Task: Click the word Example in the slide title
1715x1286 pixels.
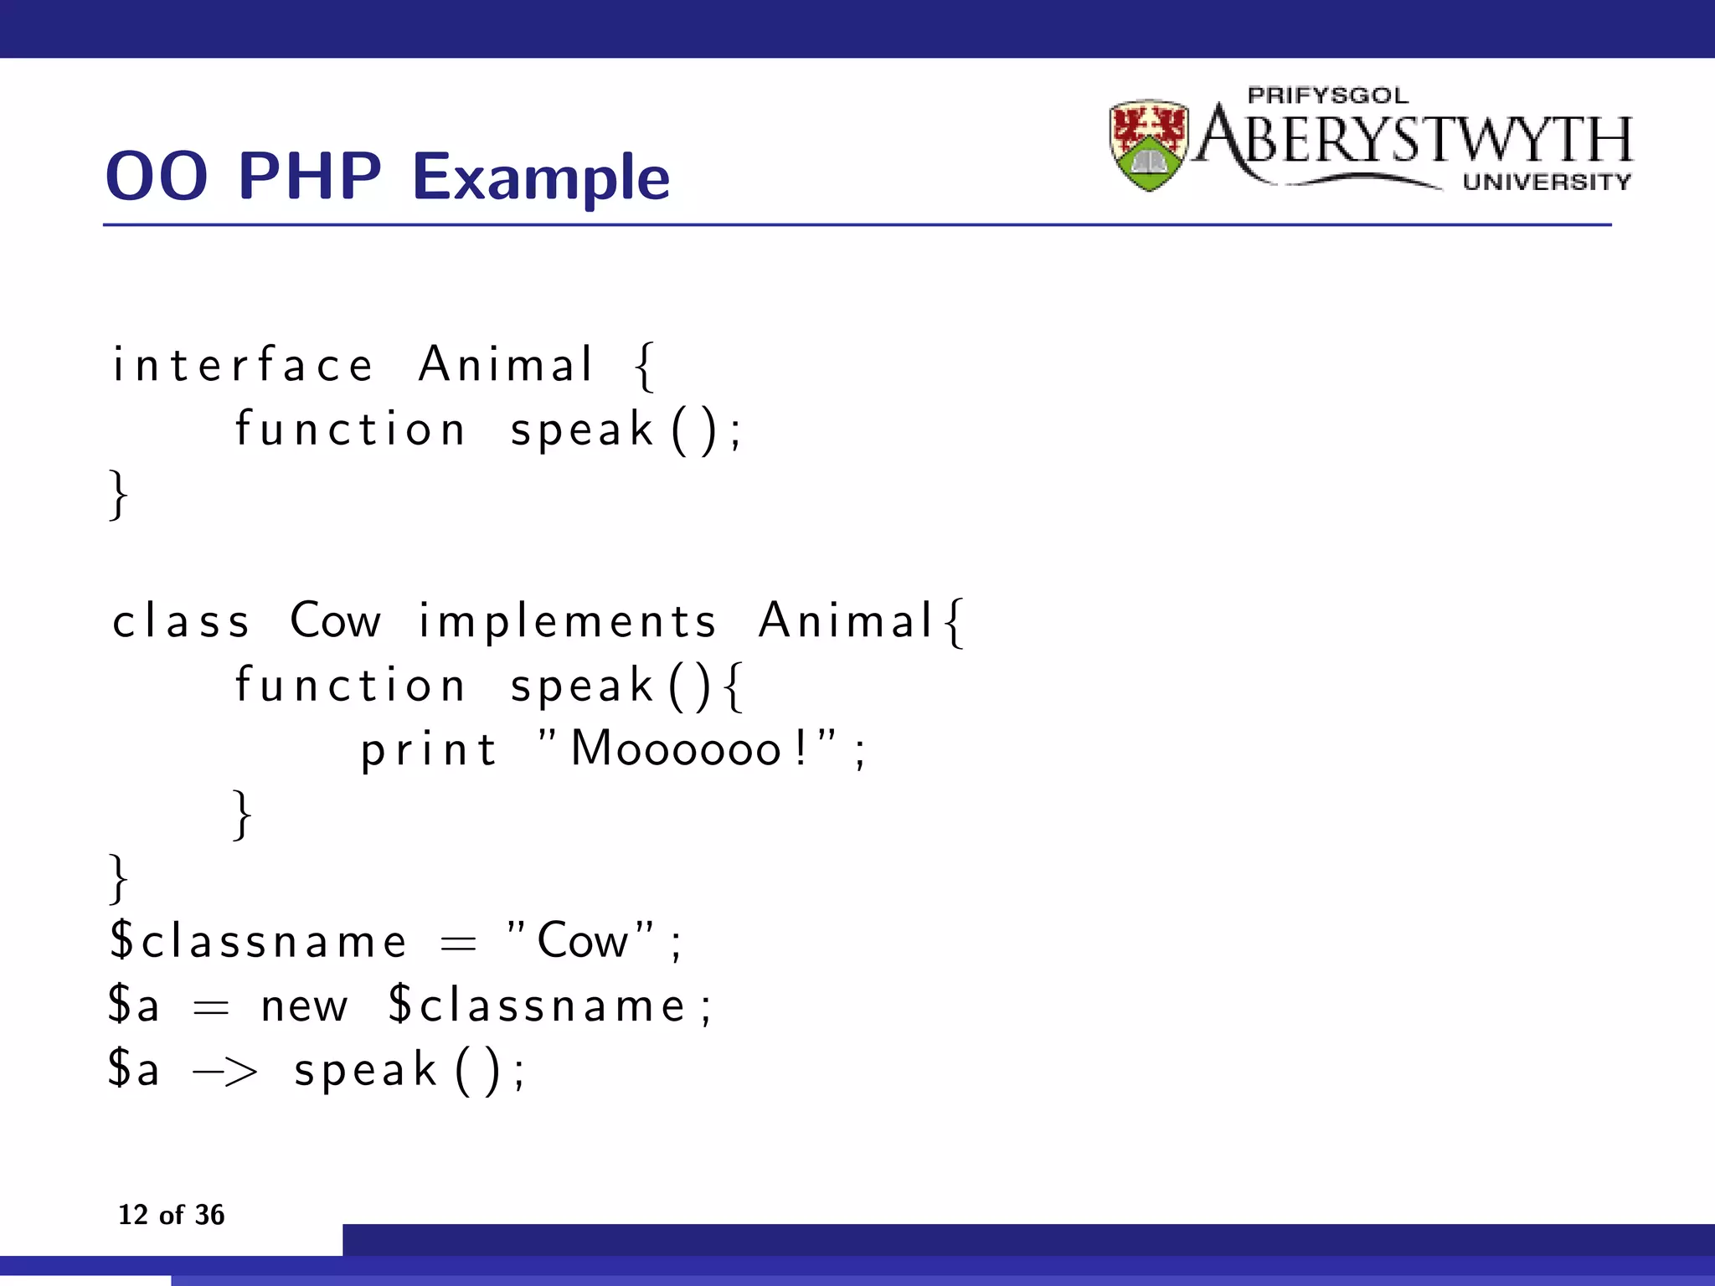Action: pyautogui.click(x=541, y=177)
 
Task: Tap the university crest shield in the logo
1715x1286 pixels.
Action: pyautogui.click(x=1148, y=145)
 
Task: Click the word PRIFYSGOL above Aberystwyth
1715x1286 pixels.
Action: pyautogui.click(x=1327, y=95)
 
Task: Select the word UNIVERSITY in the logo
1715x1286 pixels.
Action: pyautogui.click(x=1546, y=182)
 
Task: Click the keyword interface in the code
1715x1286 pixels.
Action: pyautogui.click(x=243, y=365)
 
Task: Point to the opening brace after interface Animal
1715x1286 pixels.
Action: pyautogui.click(x=644, y=367)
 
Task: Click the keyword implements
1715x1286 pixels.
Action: pyautogui.click(x=567, y=621)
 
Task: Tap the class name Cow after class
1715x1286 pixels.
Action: pyautogui.click(x=335, y=621)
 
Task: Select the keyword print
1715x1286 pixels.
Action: pyautogui.click(x=429, y=749)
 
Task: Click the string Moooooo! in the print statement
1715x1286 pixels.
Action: pyautogui.click(x=687, y=748)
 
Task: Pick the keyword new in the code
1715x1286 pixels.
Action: pyautogui.click(x=303, y=1006)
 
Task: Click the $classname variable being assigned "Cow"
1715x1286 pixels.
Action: pyautogui.click(x=258, y=940)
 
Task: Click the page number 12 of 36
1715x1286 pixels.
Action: pyautogui.click(x=171, y=1214)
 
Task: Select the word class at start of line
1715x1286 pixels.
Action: pyautogui.click(x=181, y=621)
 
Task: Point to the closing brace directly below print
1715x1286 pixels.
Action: pyautogui.click(x=241, y=814)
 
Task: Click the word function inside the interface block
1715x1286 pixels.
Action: pyautogui.click(x=349, y=430)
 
